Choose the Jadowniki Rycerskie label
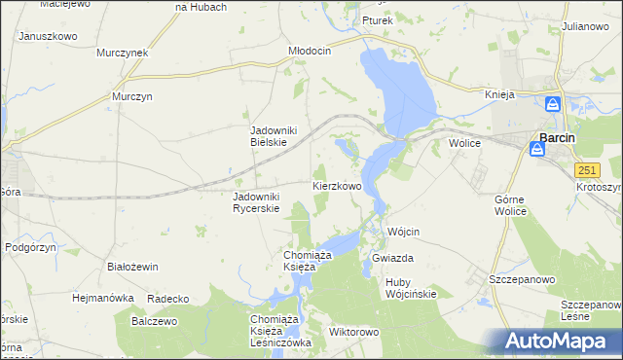coord(256,201)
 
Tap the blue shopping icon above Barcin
coord(553,103)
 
